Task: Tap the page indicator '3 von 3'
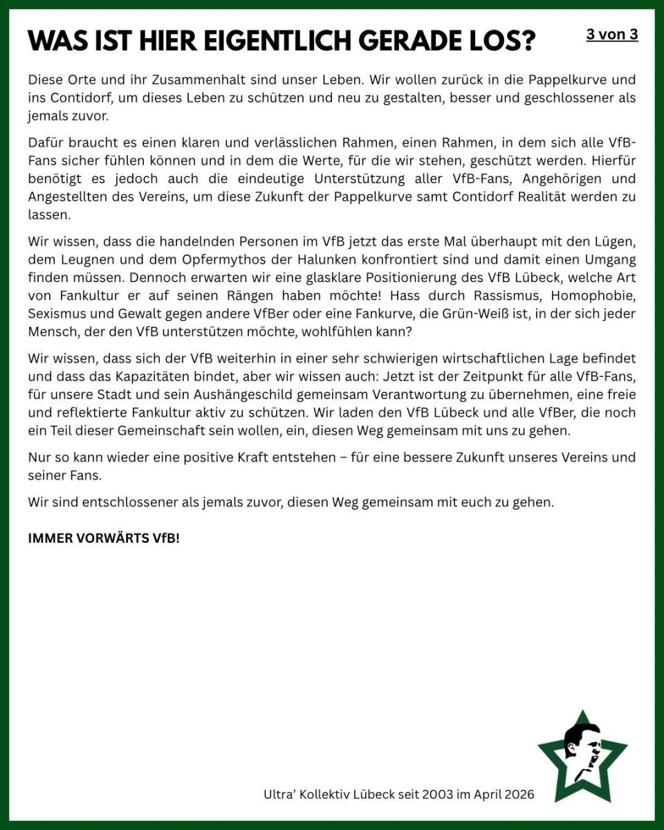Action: click(x=611, y=34)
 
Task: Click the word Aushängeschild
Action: click(x=238, y=394)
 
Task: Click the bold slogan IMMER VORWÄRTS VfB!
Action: click(x=104, y=538)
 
